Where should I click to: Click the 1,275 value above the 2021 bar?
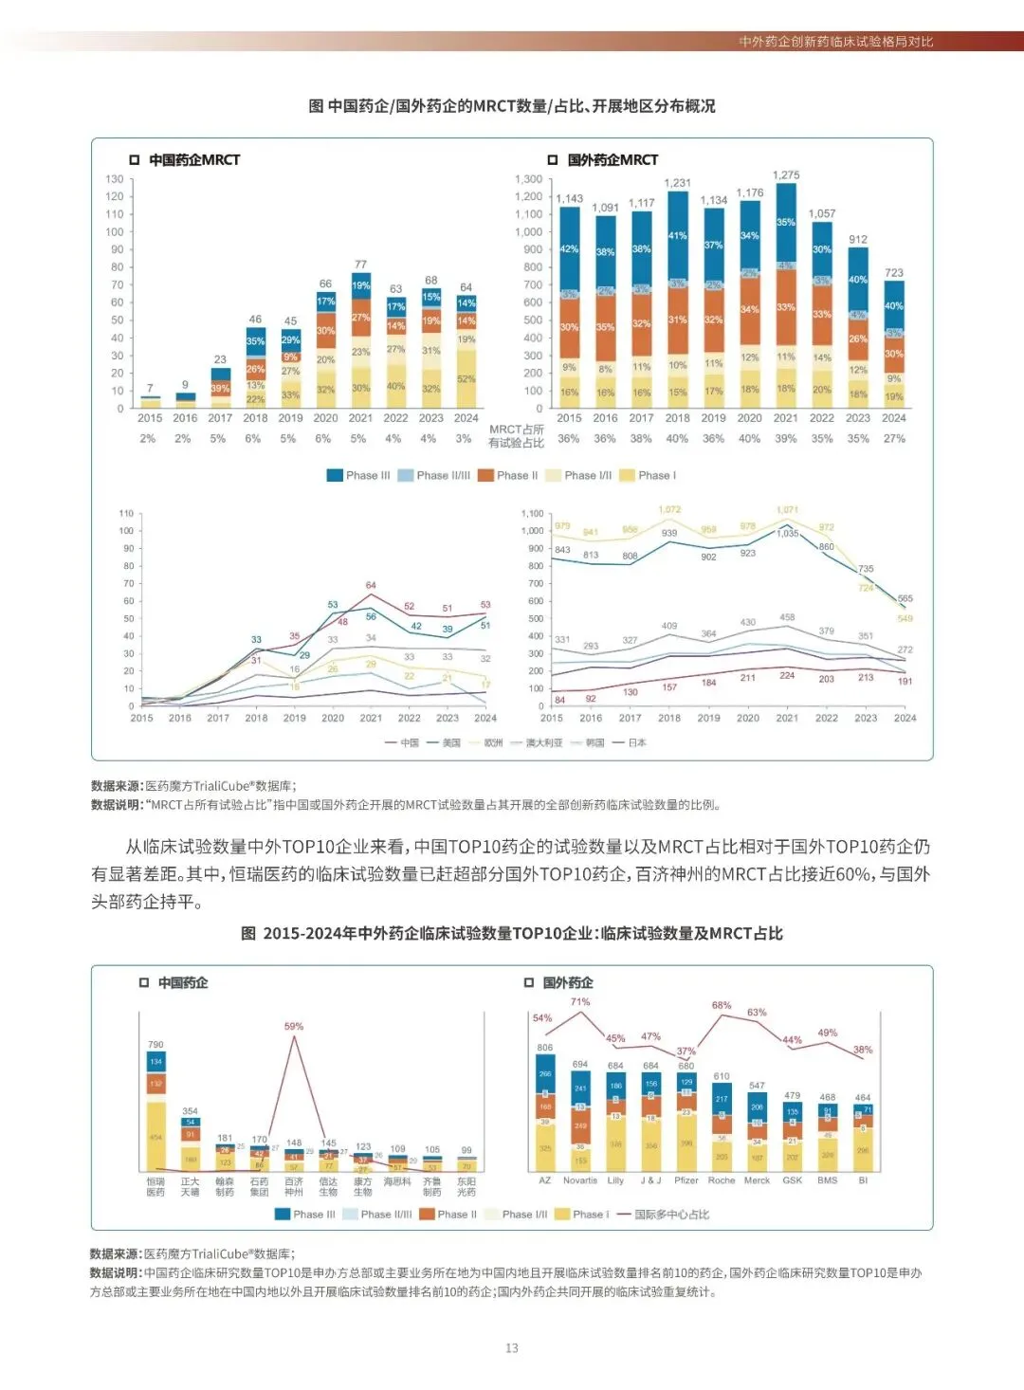786,175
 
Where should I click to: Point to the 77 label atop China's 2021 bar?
360,265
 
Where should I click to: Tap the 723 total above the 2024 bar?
894,273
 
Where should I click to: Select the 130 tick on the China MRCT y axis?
115,179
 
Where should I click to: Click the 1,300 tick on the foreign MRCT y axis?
528,179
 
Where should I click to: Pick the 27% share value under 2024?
894,439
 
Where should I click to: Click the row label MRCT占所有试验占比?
516,436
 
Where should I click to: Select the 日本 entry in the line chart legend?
637,743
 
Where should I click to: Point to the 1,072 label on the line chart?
669,510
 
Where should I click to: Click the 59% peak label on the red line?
294,1027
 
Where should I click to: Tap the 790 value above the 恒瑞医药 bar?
155,1045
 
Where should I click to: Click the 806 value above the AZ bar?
544,1048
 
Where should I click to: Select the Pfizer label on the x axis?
686,1181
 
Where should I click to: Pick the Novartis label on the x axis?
580,1181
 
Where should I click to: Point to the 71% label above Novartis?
580,1002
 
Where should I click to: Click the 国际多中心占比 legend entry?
671,1215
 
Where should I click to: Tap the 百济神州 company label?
294,1187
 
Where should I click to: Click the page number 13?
512,1348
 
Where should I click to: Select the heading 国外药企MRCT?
613,160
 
